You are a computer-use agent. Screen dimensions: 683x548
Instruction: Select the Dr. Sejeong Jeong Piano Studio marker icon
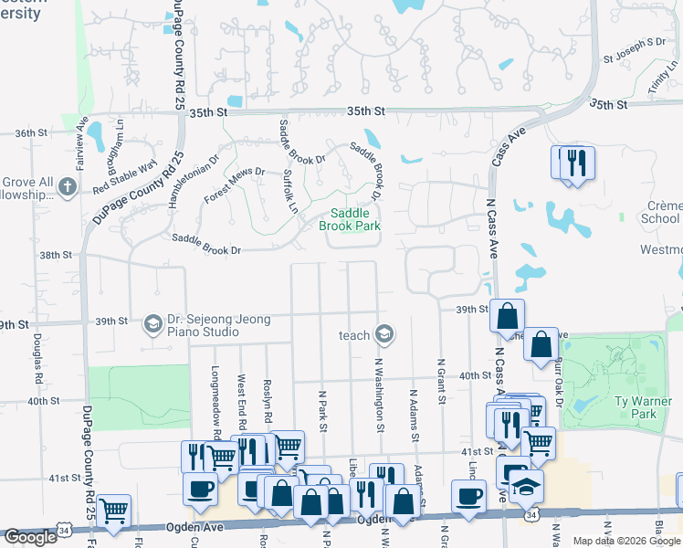click(x=152, y=324)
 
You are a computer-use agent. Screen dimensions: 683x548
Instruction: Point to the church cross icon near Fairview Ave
click(x=66, y=187)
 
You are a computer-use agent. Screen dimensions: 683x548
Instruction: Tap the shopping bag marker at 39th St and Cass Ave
click(x=507, y=316)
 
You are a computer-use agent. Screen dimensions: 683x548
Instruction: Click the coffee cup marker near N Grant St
click(x=469, y=496)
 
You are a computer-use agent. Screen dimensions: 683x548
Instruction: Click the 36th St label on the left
click(x=30, y=132)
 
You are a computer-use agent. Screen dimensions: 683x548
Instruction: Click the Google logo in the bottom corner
click(x=31, y=537)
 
